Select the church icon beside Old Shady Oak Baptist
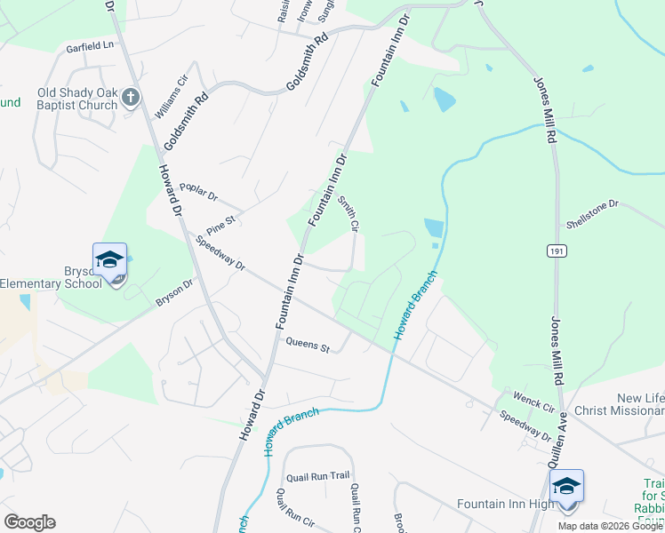(x=131, y=96)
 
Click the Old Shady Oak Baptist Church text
(x=77, y=99)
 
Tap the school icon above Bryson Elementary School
(x=109, y=260)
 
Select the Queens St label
(x=307, y=344)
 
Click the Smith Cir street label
(x=349, y=214)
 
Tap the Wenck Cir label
(x=531, y=400)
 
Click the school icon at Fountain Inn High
(x=566, y=487)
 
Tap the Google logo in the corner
(x=29, y=522)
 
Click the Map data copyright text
(x=610, y=526)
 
